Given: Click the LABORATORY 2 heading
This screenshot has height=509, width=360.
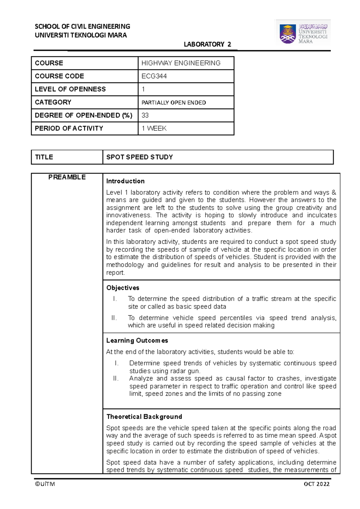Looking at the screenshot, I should [207, 44].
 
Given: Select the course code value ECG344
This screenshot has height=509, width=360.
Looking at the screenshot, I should [154, 76].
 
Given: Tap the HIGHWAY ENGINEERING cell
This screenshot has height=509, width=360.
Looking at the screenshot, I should [181, 63].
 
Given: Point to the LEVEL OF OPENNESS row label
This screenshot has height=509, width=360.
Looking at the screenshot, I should [70, 89].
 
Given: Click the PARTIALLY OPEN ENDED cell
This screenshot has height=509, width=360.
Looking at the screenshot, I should [174, 103].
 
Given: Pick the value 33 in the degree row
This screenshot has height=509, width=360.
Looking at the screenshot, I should [145, 115].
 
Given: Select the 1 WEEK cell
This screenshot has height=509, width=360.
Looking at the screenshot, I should [154, 128].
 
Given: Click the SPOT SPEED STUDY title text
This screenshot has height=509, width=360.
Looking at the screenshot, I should [139, 157].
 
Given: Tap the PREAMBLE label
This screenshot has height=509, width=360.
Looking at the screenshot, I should [67, 177].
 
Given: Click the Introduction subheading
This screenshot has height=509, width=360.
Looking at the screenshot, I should [125, 181].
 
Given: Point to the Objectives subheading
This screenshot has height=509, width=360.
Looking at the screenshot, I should [123, 288].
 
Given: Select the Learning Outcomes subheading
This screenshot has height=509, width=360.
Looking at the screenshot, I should [137, 341].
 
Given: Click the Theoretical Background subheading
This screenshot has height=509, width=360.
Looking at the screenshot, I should [144, 417].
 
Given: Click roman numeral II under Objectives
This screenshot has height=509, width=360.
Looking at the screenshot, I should [114, 318].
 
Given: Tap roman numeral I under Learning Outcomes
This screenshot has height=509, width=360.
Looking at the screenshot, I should [117, 363].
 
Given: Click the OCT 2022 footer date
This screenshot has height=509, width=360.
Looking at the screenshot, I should [316, 484].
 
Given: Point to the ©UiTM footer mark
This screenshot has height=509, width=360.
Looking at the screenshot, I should [45, 484].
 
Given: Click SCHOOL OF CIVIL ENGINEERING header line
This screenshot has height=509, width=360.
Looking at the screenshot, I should [82, 26].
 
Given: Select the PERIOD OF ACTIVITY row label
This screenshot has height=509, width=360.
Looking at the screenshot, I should [69, 128].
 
